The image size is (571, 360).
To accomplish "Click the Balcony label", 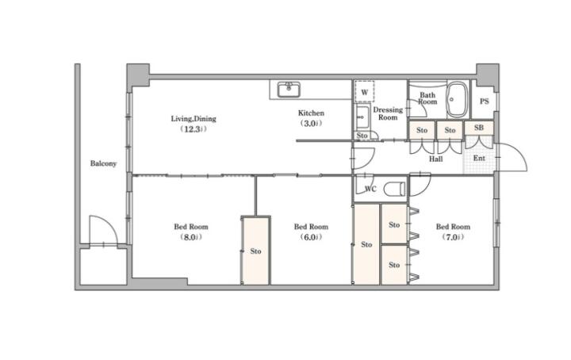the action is tap(103, 163).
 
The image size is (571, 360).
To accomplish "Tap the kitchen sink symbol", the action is tap(289, 90).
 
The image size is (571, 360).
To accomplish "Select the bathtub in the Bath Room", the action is tap(457, 100).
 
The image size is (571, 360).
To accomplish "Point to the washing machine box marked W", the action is tap(365, 91).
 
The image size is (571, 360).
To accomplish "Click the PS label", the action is tap(484, 101).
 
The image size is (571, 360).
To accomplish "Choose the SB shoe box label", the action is tap(479, 128).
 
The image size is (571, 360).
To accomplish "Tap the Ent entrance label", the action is tap(479, 159).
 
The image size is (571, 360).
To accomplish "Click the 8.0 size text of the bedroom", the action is tap(191, 237).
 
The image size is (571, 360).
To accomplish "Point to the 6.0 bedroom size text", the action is tap(311, 237).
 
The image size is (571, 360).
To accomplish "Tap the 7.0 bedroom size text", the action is tap(453, 237).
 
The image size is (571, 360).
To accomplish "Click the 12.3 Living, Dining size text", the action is tap(194, 129).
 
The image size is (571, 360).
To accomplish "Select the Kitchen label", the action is tap(311, 113).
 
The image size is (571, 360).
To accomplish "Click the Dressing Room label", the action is tap(388, 113).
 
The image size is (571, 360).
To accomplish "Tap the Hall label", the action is tap(435, 159).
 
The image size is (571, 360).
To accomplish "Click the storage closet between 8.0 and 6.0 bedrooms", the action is tap(255, 251).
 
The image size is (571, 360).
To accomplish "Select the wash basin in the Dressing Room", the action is tap(362, 117).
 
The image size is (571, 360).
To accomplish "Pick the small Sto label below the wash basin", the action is tap(362, 136).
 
